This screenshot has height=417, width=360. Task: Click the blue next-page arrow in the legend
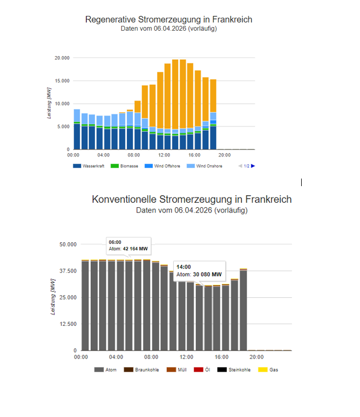coord(253,166)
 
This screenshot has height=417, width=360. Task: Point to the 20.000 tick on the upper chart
coord(62,58)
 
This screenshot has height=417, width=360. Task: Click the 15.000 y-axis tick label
coord(62,81)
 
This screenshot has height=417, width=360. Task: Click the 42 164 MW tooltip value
coord(135,249)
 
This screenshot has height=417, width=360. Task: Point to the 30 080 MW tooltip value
coord(207,274)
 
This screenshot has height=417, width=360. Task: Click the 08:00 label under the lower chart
coord(151,357)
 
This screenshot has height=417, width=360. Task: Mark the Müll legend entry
coord(182,370)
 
